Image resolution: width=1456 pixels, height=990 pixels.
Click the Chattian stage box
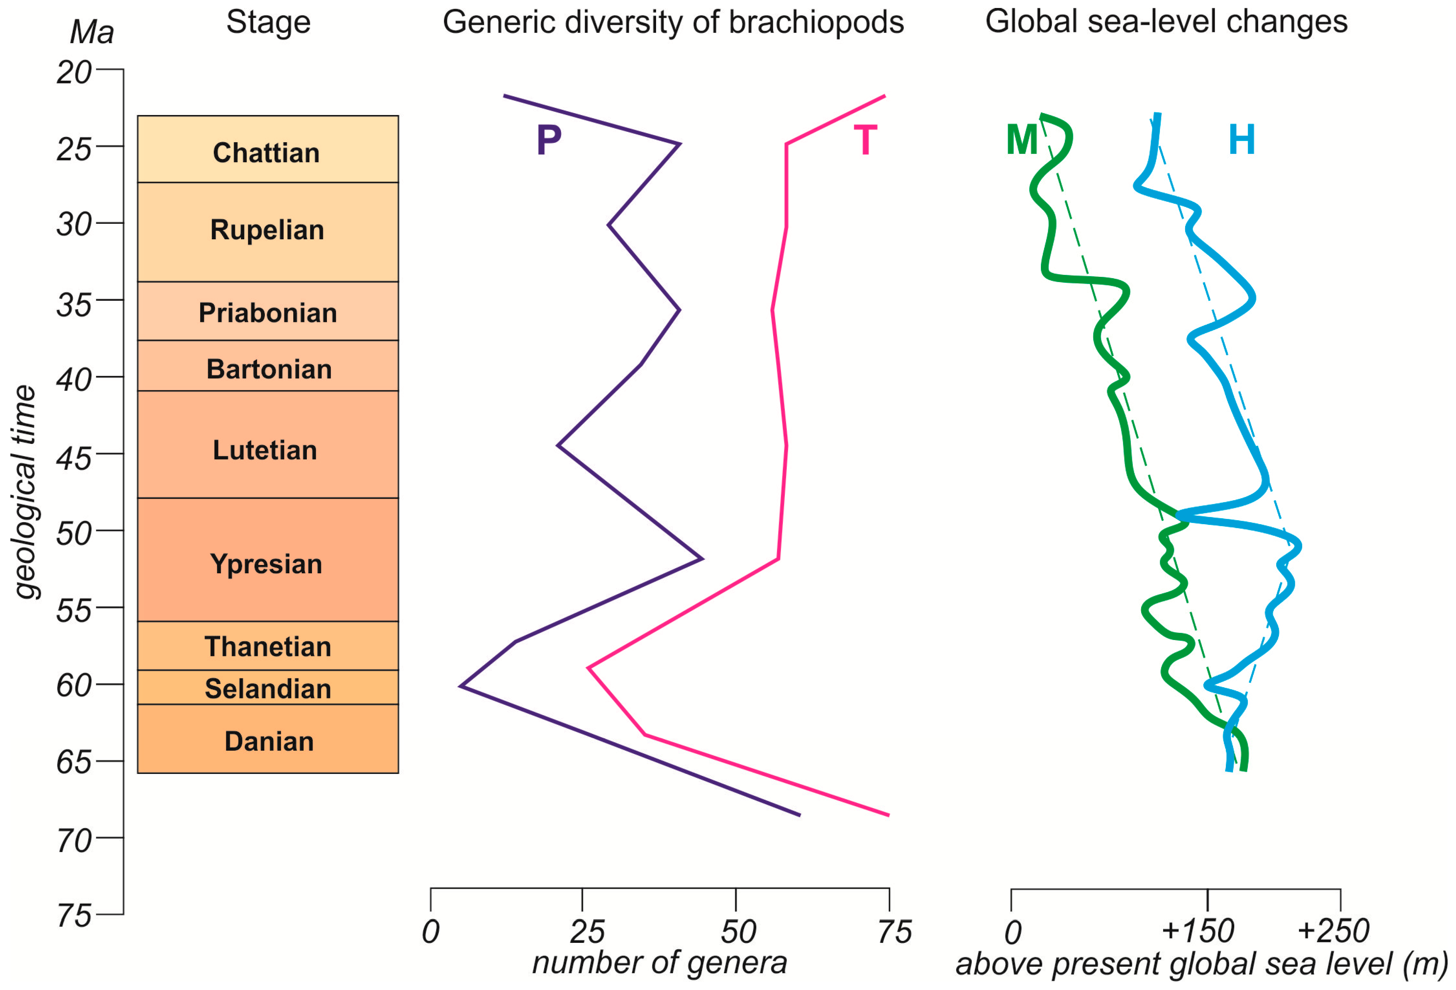coord(268,149)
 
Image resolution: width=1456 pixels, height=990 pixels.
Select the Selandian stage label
coord(268,689)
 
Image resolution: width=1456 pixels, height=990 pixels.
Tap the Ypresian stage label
coord(266,564)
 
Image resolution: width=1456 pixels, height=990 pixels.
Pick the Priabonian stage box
coord(268,311)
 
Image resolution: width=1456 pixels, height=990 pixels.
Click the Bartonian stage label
coord(269,369)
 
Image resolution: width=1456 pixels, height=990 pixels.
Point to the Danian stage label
coord(269,741)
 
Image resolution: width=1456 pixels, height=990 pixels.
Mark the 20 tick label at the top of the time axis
coord(74,72)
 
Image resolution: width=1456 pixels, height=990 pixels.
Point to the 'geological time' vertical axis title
coord(25,492)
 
